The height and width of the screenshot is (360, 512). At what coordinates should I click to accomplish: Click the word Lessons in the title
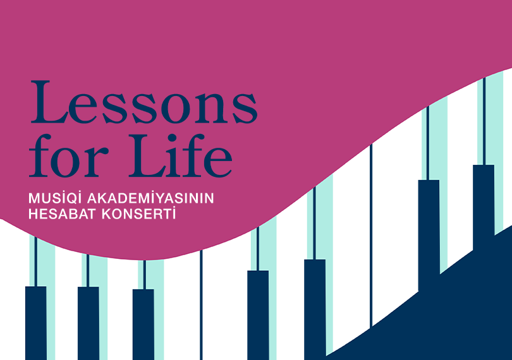(x=143, y=102)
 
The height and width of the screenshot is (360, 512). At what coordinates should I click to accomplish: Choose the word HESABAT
(x=61, y=214)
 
